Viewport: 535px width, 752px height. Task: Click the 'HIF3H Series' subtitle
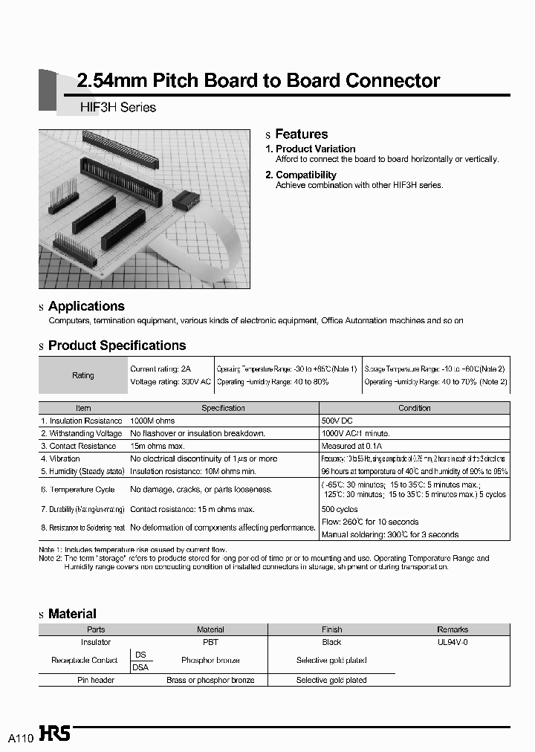point(117,107)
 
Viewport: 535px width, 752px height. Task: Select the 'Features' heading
point(301,134)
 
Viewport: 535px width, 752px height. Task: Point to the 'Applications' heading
point(86,306)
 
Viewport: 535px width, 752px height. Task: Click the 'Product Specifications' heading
point(117,346)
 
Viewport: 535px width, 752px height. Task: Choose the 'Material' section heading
point(72,614)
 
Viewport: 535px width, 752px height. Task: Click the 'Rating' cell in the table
point(83,375)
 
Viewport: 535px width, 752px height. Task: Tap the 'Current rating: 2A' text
point(160,369)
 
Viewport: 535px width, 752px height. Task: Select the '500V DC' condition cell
point(337,421)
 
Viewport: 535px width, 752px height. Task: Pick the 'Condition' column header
point(414,408)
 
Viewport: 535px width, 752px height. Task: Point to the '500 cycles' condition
point(340,509)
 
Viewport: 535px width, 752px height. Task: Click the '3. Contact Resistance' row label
point(79,446)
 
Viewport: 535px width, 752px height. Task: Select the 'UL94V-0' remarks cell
point(453,642)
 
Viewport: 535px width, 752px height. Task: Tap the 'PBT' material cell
point(210,642)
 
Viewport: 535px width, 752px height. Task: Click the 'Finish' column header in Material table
point(331,629)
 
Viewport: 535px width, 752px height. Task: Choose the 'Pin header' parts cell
point(96,680)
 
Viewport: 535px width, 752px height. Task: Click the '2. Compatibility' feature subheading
point(301,175)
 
